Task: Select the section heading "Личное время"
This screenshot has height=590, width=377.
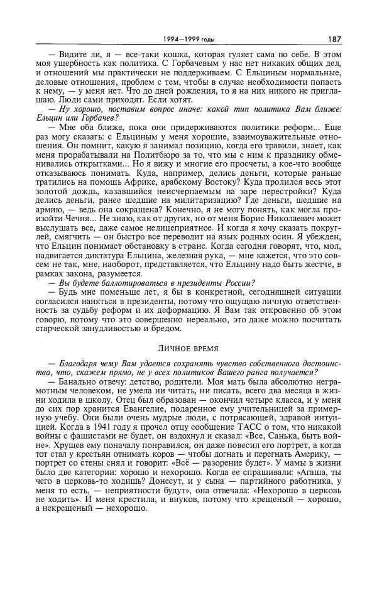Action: point(188,346)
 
